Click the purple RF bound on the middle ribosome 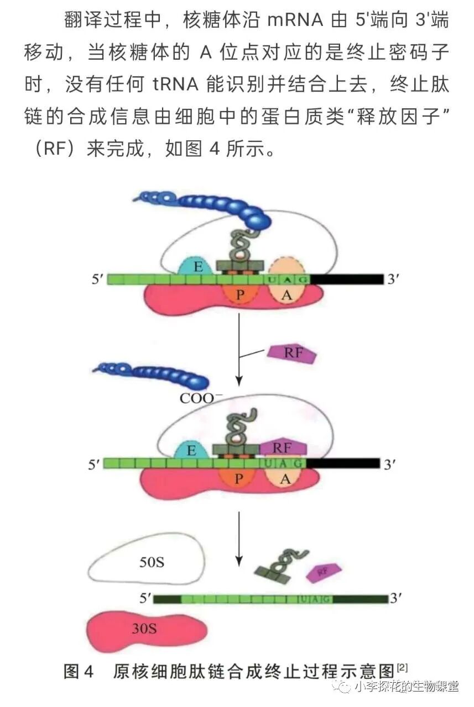tap(282, 448)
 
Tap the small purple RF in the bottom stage tap(324, 572)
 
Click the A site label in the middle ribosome tap(285, 479)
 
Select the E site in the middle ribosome tap(191, 450)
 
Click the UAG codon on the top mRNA tap(288, 279)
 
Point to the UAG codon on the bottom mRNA tap(315, 599)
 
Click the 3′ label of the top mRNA tap(393, 279)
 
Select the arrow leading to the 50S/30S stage tap(238, 539)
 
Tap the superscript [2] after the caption tap(402, 668)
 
